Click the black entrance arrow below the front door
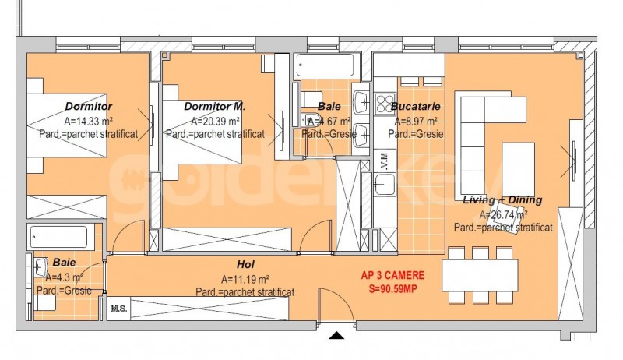click(337, 336)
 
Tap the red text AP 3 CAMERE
click(392, 275)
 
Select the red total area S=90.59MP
click(393, 289)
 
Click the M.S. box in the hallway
click(119, 309)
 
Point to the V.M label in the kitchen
click(385, 161)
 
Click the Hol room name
click(245, 264)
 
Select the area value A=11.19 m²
click(245, 279)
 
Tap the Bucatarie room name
click(416, 107)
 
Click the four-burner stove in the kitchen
click(385, 104)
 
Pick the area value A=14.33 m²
click(88, 122)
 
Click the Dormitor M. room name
click(215, 107)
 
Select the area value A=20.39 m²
click(215, 122)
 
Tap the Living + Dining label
click(502, 199)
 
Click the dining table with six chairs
click(480, 275)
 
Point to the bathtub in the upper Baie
click(325, 65)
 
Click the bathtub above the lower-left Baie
click(59, 237)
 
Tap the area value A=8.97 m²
click(416, 122)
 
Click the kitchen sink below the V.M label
click(385, 185)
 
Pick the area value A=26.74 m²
click(503, 215)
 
